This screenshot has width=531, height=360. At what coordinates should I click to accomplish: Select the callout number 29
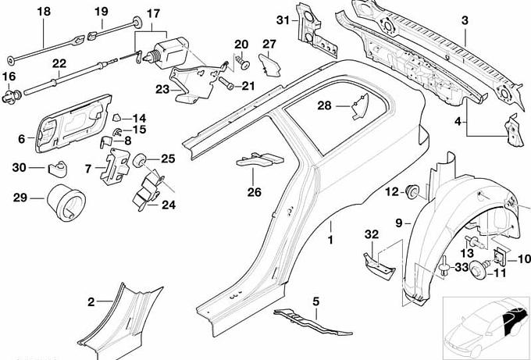point(20,198)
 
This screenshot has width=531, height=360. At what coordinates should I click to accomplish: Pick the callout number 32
point(372,234)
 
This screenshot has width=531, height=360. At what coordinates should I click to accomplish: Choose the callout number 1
point(330,236)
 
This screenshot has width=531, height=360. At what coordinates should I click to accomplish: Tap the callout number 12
point(392,191)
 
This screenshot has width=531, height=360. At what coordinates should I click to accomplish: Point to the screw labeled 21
point(227,82)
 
